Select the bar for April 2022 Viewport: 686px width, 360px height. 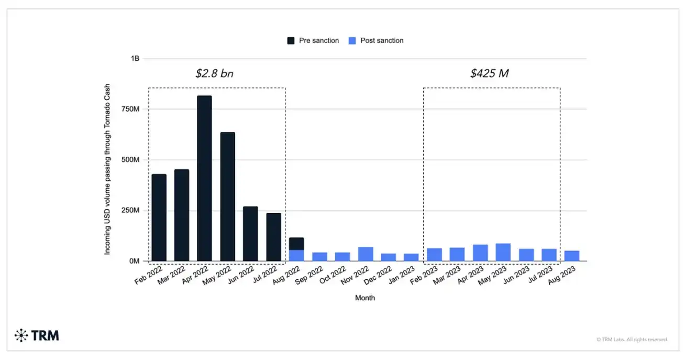[x=204, y=178]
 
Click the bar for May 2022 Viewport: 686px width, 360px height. [x=227, y=197]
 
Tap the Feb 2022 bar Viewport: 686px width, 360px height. [x=159, y=217]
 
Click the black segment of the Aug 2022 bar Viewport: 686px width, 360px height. [x=296, y=244]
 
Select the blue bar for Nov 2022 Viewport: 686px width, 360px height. [x=366, y=254]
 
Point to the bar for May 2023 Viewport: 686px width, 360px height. [x=503, y=252]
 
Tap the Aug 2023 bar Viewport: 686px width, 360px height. [x=572, y=256]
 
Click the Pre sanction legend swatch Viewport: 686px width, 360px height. [x=291, y=40]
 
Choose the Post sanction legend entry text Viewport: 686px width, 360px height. [x=382, y=40]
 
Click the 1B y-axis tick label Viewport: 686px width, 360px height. [x=135, y=59]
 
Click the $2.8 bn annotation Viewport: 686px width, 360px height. [x=214, y=73]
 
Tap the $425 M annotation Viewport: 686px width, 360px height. [x=489, y=73]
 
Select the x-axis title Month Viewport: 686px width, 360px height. [x=365, y=298]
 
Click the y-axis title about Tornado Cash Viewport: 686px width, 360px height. [x=107, y=169]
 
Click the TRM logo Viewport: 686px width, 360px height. [x=37, y=335]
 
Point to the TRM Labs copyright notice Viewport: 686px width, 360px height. [x=632, y=340]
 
